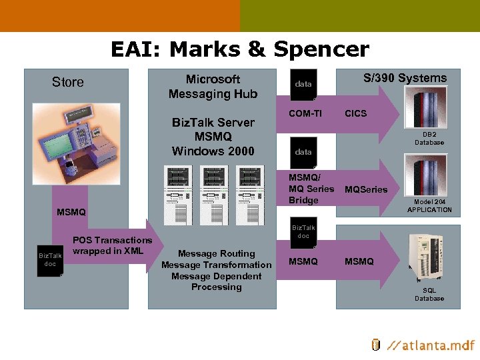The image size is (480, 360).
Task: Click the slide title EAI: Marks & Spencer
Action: point(239,49)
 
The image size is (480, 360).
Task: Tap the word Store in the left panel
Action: point(68,82)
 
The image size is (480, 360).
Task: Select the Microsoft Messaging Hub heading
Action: point(213,87)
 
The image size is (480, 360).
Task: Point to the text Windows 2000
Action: point(213,151)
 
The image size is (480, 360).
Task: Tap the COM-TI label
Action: point(305,113)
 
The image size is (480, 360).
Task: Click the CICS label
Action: point(355,113)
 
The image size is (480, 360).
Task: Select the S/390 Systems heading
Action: point(405,78)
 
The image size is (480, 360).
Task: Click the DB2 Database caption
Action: point(429,138)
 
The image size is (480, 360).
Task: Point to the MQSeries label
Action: point(365,189)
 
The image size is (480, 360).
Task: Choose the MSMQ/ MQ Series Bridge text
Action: point(311,189)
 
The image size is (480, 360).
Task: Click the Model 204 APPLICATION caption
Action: point(429,205)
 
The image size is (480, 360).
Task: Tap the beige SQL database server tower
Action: point(429,257)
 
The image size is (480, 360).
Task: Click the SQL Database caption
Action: point(429,294)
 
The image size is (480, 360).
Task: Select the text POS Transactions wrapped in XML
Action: point(112,245)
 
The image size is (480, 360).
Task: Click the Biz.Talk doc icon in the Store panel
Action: point(50,259)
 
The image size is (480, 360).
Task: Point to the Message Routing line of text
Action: point(216,253)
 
